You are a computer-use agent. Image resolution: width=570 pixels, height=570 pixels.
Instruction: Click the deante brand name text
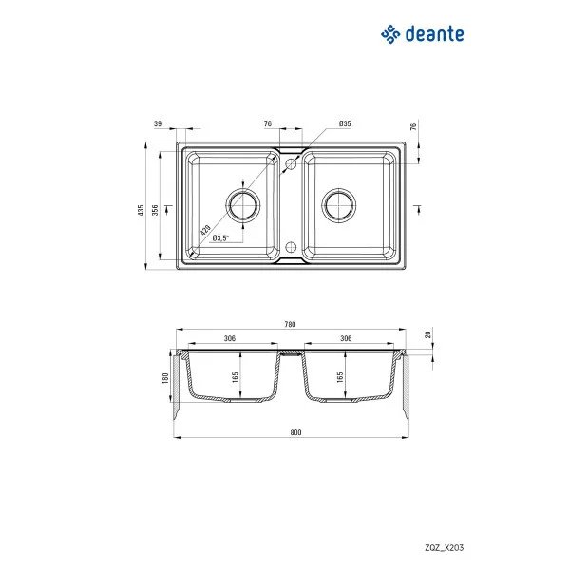tap(435, 34)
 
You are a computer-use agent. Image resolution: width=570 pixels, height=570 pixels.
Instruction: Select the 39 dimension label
tap(157, 124)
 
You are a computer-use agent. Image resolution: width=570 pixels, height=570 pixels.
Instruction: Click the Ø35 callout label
tap(345, 124)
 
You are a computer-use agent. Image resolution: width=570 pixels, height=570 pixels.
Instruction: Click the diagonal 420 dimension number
tap(205, 229)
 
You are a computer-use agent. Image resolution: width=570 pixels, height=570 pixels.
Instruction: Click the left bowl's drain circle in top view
tap(242, 204)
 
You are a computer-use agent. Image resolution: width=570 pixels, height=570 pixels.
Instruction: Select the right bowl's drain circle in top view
tap(337, 204)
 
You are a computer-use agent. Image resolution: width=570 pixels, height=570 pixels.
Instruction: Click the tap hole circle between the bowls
tap(291, 164)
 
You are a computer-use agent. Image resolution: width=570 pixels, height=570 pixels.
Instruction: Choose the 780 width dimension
tap(289, 324)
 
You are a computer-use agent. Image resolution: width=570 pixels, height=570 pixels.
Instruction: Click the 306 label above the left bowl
tap(229, 338)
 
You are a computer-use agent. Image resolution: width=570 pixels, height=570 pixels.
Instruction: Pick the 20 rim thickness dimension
tap(428, 334)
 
